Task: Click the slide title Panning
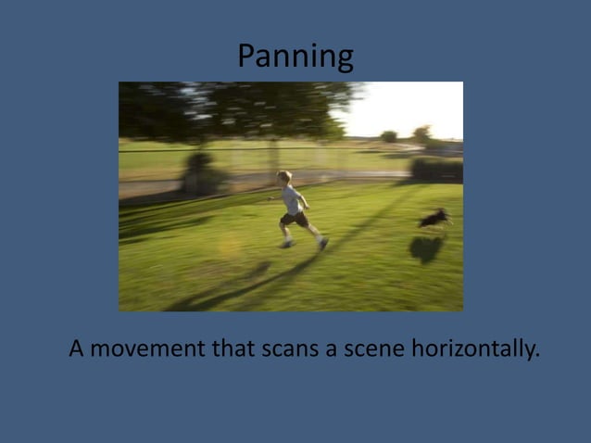click(295, 57)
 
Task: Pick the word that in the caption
click(239, 349)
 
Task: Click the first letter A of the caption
click(77, 349)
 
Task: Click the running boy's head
click(285, 177)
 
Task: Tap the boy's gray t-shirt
click(293, 197)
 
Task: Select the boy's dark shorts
click(295, 220)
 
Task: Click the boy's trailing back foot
click(323, 243)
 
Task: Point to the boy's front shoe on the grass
click(287, 245)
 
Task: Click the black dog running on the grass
click(434, 219)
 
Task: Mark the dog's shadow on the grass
click(426, 248)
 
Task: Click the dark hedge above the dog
click(434, 169)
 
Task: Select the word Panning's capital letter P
click(246, 57)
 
